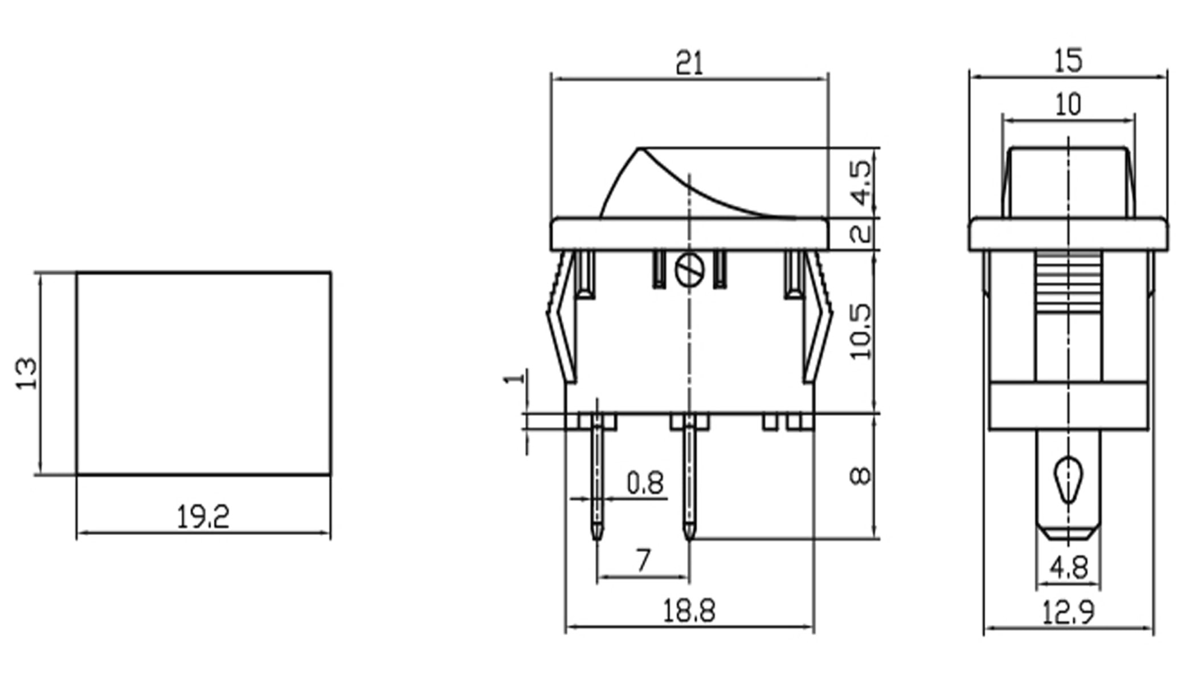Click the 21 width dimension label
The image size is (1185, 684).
[x=689, y=63]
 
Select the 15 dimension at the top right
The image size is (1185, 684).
[x=1068, y=61]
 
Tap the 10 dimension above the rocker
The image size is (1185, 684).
[x=1068, y=105]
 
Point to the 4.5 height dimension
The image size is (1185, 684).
[x=861, y=182]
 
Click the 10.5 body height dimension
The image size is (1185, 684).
[x=861, y=332]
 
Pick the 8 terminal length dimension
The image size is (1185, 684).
[x=860, y=475]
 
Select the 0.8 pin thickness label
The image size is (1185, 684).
[x=645, y=483]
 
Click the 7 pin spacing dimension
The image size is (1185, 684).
[x=643, y=560]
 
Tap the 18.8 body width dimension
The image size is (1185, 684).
[x=689, y=611]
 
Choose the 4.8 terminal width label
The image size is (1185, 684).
[x=1068, y=568]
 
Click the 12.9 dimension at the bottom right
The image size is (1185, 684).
[x=1068, y=613]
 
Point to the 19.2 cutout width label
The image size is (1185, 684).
[x=203, y=517]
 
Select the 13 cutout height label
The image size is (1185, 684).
[x=26, y=373]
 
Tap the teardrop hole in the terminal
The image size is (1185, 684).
[x=1068, y=479]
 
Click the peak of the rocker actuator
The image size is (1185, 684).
[x=639, y=149]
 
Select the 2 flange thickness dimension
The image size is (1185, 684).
[x=861, y=234]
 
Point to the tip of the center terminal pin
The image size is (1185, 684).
[x=689, y=536]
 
